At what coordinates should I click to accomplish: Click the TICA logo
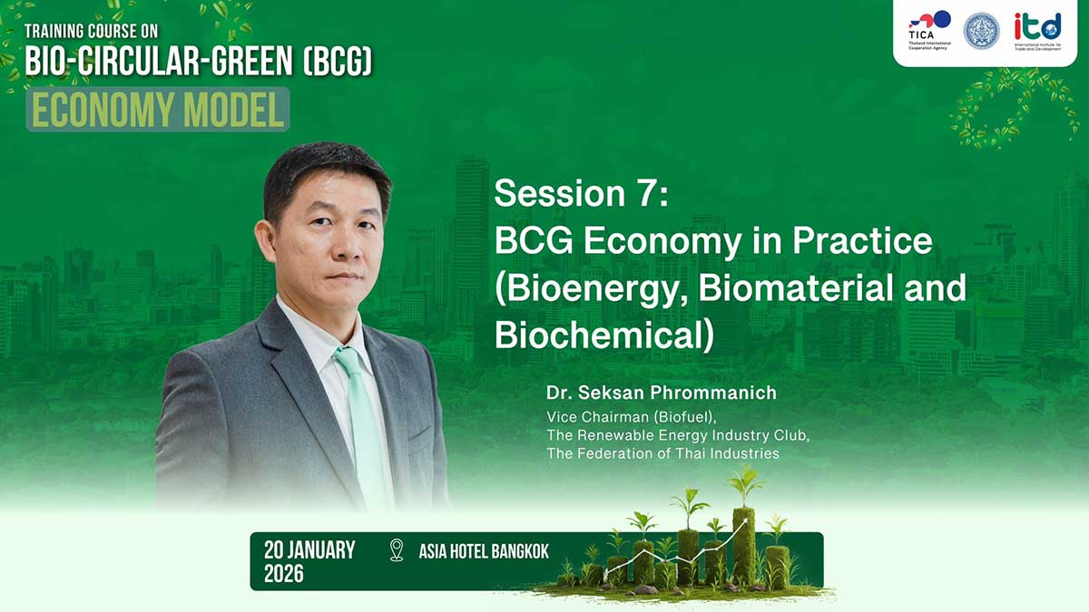point(929,31)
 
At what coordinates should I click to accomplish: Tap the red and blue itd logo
point(1037,31)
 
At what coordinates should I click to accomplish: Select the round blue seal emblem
point(982,31)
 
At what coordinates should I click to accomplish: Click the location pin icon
point(397,550)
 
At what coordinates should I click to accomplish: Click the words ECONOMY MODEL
point(158,110)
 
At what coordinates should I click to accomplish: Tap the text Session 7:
point(582,193)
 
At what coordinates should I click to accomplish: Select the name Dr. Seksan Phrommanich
point(662,393)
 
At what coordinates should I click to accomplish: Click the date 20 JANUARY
point(309,550)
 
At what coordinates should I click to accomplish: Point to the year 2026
point(284,574)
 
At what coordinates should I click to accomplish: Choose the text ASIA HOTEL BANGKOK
point(484,551)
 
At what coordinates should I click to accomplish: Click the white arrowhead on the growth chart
point(744,522)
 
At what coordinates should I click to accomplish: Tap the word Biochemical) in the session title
point(604,335)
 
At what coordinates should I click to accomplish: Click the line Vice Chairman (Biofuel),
point(632,417)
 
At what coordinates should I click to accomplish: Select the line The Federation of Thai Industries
point(662,453)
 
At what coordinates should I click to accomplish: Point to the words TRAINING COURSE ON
point(92,32)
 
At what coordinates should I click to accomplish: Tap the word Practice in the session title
point(862,240)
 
